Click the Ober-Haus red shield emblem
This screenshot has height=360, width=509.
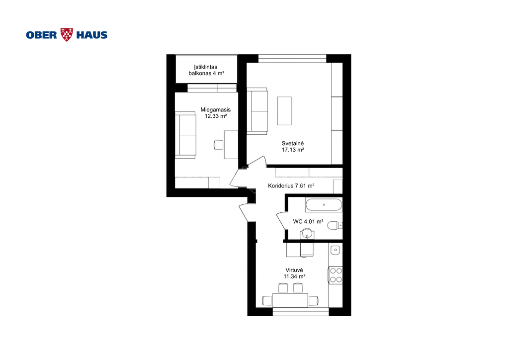click(67, 35)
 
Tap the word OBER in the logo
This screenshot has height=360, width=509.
click(42, 35)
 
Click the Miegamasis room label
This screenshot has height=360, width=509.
click(216, 110)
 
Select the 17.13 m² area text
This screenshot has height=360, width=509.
click(293, 150)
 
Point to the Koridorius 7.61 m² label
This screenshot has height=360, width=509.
click(291, 185)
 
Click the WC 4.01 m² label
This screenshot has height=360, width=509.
click(308, 221)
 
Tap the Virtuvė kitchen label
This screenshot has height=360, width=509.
click(294, 270)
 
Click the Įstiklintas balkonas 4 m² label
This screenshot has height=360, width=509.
click(206, 70)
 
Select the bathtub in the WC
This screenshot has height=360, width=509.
click(324, 205)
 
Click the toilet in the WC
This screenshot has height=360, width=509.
click(335, 225)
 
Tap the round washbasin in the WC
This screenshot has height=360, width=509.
click(307, 233)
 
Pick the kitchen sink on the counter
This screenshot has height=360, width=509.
click(336, 250)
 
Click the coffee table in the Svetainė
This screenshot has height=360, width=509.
click(284, 111)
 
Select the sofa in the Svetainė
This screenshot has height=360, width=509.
click(257, 111)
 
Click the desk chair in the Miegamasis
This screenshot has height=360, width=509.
click(219, 145)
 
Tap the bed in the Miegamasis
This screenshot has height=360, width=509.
click(186, 135)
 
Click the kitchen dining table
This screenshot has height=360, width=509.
click(290, 300)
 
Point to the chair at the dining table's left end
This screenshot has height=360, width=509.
click(267, 301)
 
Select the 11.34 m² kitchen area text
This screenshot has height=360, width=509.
click(294, 276)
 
